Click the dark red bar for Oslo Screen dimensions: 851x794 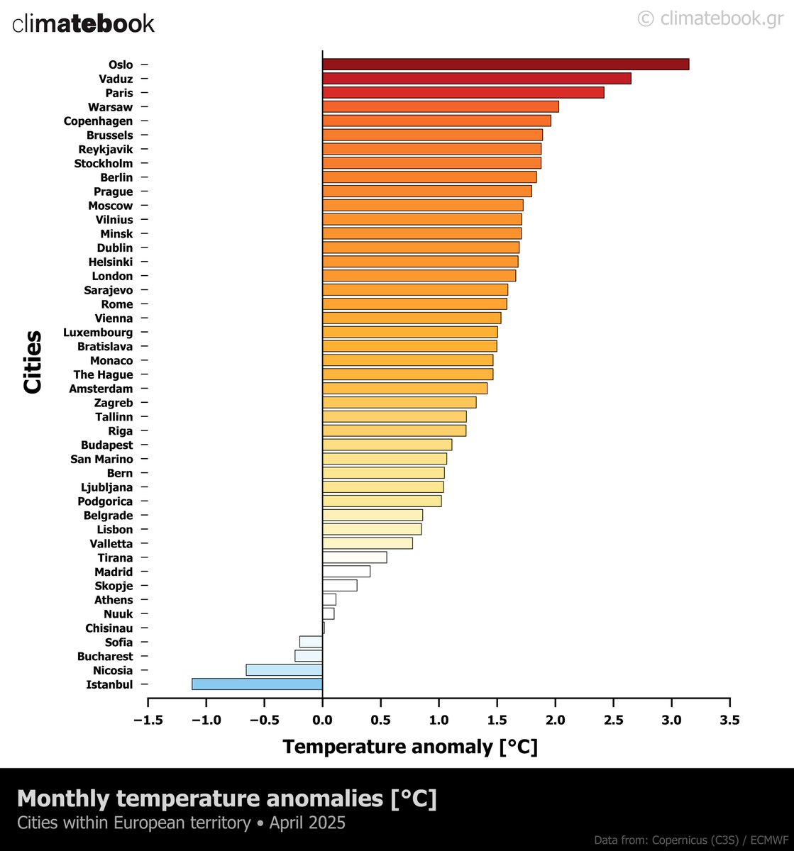pos(505,65)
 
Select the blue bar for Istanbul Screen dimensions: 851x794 pos(257,684)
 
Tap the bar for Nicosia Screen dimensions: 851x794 pos(284,670)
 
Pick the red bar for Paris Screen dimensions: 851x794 pos(463,93)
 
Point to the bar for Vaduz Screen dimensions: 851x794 pos(476,79)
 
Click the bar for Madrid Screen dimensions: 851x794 pos(346,572)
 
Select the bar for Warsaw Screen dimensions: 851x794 pos(440,107)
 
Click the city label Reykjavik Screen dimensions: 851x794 pos(105,150)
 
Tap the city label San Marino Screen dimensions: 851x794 pos(101,459)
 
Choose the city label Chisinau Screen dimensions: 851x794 pos(109,628)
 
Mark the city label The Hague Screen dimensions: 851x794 pos(103,374)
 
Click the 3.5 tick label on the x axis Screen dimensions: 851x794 pos(729,720)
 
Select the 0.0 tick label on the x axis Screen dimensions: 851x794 pos(322,720)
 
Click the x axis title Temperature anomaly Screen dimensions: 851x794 pos(410,747)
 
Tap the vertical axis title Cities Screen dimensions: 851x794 pos(33,362)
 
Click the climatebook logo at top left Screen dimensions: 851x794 pos(83,23)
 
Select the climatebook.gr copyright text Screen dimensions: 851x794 pos(710,18)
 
